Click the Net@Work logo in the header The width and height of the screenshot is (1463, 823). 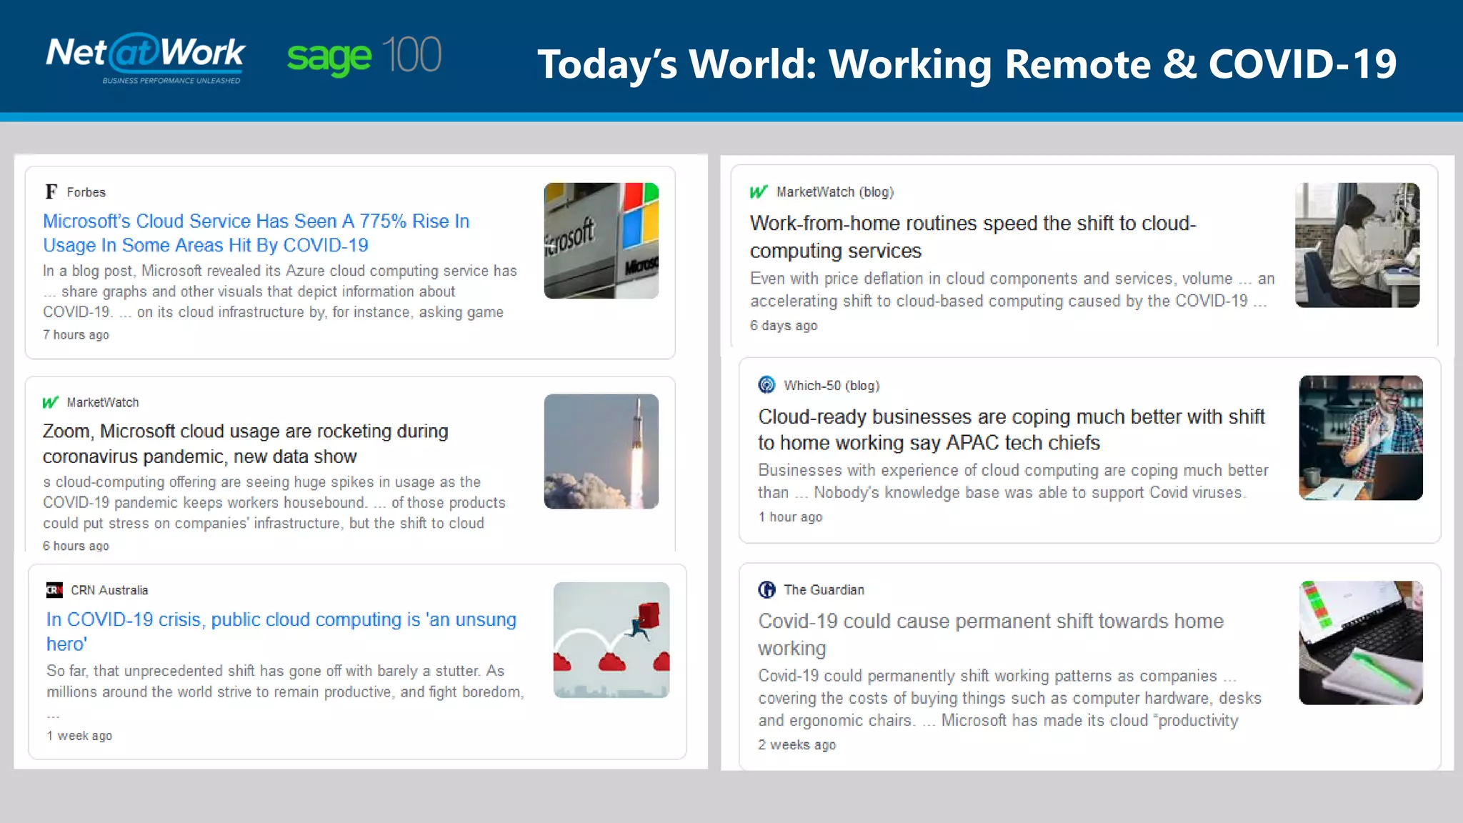click(x=146, y=57)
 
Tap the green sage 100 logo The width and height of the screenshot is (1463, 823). click(x=364, y=56)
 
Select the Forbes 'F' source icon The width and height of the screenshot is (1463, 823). click(x=51, y=191)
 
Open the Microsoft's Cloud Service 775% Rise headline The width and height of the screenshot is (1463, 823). click(x=256, y=233)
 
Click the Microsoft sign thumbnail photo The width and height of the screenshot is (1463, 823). click(x=601, y=240)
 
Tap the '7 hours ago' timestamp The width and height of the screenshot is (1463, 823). click(x=76, y=334)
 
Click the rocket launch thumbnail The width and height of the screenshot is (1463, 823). click(x=601, y=451)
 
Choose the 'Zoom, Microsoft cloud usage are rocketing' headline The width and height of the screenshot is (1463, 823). click(x=245, y=444)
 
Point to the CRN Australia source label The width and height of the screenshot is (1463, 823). click(x=109, y=590)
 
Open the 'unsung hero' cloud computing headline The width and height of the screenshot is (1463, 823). click(x=281, y=631)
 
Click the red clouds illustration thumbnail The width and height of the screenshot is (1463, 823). click(x=611, y=639)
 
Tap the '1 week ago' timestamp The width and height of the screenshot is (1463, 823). click(x=79, y=735)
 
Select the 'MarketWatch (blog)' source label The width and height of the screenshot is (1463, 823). click(x=834, y=191)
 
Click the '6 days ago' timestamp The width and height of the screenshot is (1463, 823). click(x=783, y=325)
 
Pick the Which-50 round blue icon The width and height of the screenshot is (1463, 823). click(x=767, y=385)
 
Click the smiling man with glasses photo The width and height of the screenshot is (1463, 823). click(x=1360, y=437)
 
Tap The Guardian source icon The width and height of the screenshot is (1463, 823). click(x=767, y=589)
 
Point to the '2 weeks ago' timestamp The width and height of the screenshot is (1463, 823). click(x=797, y=744)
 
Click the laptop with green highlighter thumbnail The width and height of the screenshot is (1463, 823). click(x=1360, y=642)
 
